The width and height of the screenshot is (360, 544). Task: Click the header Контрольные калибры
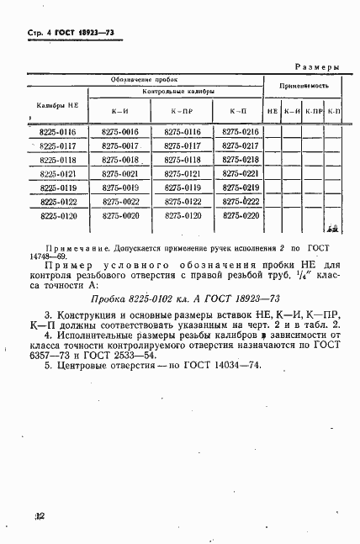178,91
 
